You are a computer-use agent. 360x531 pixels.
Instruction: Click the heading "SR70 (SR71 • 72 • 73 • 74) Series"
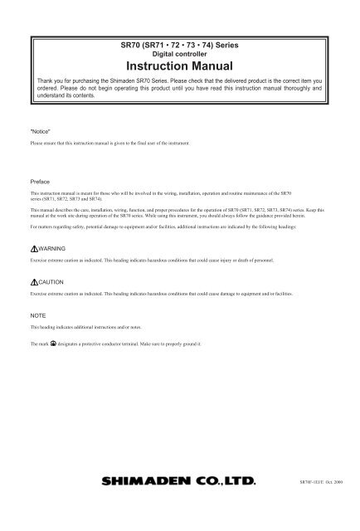click(x=180, y=41)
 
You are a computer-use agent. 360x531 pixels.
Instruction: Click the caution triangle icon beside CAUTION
click(x=32, y=283)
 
